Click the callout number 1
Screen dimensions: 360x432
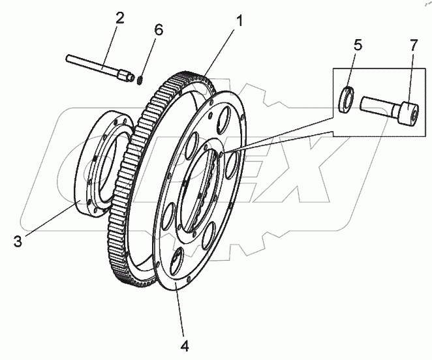point(240,21)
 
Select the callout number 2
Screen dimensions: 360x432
point(119,18)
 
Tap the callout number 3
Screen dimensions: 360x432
point(18,241)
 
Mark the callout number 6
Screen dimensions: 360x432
point(159,30)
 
